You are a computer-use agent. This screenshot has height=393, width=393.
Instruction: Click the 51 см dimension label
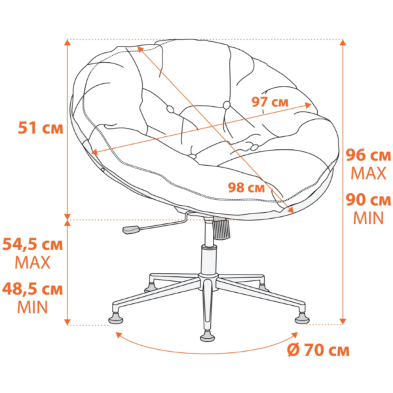pos(41,128)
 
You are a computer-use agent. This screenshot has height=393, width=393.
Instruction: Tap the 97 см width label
pos(270,102)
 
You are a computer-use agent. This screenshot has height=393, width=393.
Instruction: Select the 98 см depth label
pos(246,187)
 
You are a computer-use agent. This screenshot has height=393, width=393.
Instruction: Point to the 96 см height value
pos(368,155)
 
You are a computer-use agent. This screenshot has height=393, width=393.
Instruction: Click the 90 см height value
pos(368,200)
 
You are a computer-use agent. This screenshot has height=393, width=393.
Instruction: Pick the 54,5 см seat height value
pos(32,244)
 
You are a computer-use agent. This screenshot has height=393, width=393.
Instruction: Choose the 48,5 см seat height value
pos(32,289)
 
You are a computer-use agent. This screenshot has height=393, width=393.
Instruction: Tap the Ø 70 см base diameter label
pos(318,350)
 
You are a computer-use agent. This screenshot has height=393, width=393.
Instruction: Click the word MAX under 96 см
pos(368,173)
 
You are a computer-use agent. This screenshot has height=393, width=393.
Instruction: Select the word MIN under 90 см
pos(368,218)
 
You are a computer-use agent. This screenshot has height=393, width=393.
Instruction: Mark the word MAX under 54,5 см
pos(33,263)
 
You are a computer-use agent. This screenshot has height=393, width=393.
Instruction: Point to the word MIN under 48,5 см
pos(33,307)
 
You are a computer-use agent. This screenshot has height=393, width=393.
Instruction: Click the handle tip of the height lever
pos(130,229)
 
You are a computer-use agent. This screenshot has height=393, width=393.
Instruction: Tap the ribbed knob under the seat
pos(221,229)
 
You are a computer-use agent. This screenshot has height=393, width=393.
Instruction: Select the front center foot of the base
pos(208,336)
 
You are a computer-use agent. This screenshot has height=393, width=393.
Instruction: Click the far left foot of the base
pos(116,318)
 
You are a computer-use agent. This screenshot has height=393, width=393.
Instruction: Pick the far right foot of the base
pos(302,318)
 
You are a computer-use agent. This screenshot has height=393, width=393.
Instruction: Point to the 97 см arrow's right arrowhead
pos(308,105)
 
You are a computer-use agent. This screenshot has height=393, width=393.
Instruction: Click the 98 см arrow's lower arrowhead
pos(291,210)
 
